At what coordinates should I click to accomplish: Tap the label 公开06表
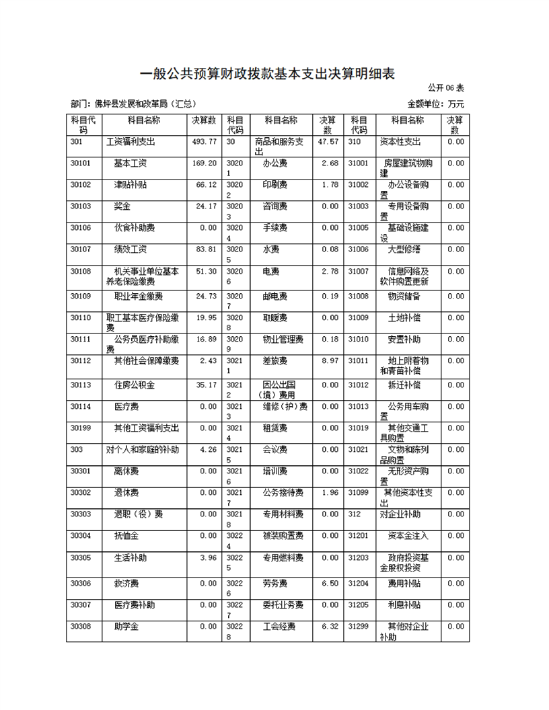[445, 88]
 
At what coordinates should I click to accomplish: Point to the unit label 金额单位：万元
[435, 104]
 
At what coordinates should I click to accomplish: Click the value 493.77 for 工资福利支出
[204, 142]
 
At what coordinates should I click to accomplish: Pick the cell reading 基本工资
[131, 163]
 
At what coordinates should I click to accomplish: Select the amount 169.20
[204, 163]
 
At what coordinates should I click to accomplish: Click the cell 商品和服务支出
[279, 147]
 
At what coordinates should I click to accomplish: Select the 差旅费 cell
[274, 361]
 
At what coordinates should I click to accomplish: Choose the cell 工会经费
[279, 627]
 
